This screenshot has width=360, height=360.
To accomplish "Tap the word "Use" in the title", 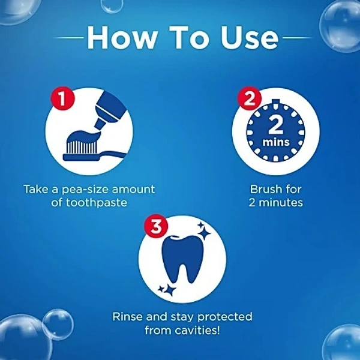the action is [x=250, y=37].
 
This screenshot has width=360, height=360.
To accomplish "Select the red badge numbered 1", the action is [x=62, y=99].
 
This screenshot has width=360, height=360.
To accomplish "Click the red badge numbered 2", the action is [x=250, y=99].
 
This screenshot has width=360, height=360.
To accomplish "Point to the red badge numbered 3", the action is [x=156, y=226].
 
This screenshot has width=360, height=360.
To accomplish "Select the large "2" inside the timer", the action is [x=276, y=125].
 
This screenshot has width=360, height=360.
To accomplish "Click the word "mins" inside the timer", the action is [x=276, y=142].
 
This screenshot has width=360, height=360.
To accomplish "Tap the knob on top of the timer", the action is [x=276, y=102].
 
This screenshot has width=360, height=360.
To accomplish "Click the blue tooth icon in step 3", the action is [x=183, y=259].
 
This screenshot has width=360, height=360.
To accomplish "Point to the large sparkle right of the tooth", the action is [x=203, y=232].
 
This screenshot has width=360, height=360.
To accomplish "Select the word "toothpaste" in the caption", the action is [x=96, y=203].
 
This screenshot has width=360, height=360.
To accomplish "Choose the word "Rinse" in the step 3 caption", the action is [x=128, y=317].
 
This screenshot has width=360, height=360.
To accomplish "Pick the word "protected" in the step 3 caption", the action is [x=225, y=317].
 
